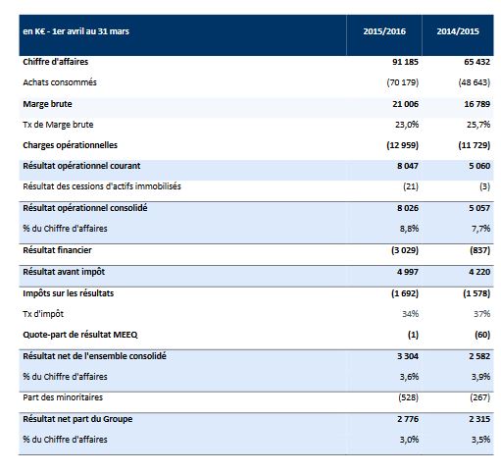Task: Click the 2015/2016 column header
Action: pos(384,31)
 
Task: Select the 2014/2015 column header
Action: pos(458,31)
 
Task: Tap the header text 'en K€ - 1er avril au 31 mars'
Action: pos(76,31)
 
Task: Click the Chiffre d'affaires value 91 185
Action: pos(405,62)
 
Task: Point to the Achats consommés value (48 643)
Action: pos(475,82)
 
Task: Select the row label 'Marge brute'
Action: pos(47,104)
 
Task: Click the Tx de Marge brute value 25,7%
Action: pos(478,125)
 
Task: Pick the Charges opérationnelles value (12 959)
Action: pos(402,145)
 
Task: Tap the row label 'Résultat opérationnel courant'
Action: pos(81,166)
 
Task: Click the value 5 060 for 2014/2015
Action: pos(479,166)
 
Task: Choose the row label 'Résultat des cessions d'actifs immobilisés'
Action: pos(102,186)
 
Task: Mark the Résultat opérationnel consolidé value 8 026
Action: pos(408,208)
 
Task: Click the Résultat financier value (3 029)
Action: pos(405,250)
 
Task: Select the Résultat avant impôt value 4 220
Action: pos(479,272)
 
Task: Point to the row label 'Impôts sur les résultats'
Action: pos(69,293)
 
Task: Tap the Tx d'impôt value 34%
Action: pos(410,314)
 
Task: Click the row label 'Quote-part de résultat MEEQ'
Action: pos(80,335)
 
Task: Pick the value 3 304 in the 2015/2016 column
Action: pos(408,356)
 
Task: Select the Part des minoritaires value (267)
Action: pos(480,397)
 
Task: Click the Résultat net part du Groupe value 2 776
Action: pos(408,419)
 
